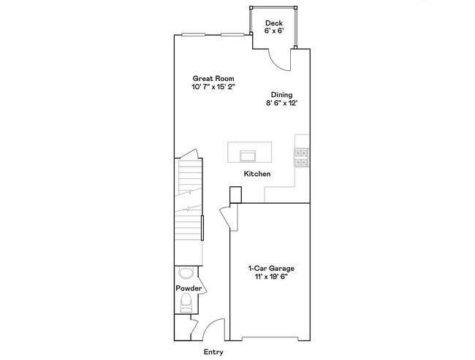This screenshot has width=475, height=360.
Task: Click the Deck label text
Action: click(x=273, y=23)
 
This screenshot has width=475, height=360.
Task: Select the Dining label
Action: click(x=281, y=95)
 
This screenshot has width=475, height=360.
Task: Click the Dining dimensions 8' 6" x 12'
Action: click(x=281, y=104)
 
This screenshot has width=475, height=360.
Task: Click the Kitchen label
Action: click(x=257, y=174)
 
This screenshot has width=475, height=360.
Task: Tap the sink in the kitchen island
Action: click(x=246, y=155)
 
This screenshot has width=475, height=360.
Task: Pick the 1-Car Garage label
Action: click(x=271, y=268)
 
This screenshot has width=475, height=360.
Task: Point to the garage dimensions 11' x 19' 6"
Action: click(x=271, y=277)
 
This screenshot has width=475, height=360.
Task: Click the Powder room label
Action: click(x=188, y=288)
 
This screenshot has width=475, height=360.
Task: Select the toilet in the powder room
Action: click(x=186, y=302)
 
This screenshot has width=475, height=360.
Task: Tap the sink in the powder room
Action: click(x=186, y=273)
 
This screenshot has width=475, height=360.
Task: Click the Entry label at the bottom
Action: click(x=213, y=351)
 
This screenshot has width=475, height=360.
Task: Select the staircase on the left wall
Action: click(x=189, y=197)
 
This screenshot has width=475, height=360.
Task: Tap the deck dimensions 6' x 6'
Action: click(x=273, y=32)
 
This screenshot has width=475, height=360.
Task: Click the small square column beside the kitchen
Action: click(x=235, y=194)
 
